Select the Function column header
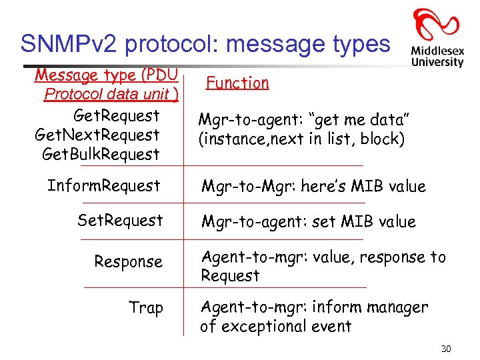pyautogui.click(x=237, y=83)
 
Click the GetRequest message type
pyautogui.click(x=117, y=115)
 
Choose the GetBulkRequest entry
pyautogui.click(x=101, y=154)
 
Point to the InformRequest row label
pyautogui.click(x=104, y=185)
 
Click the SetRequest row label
pyautogui.click(x=120, y=220)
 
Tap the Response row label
pyautogui.click(x=128, y=262)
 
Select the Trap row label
pyautogui.click(x=146, y=308)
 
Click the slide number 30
pyautogui.click(x=446, y=349)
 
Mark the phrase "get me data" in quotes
pyautogui.click(x=361, y=120)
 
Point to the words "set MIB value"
pyautogui.click(x=363, y=221)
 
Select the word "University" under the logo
pyautogui.click(x=437, y=61)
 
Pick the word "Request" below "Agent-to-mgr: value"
pyautogui.click(x=230, y=275)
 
